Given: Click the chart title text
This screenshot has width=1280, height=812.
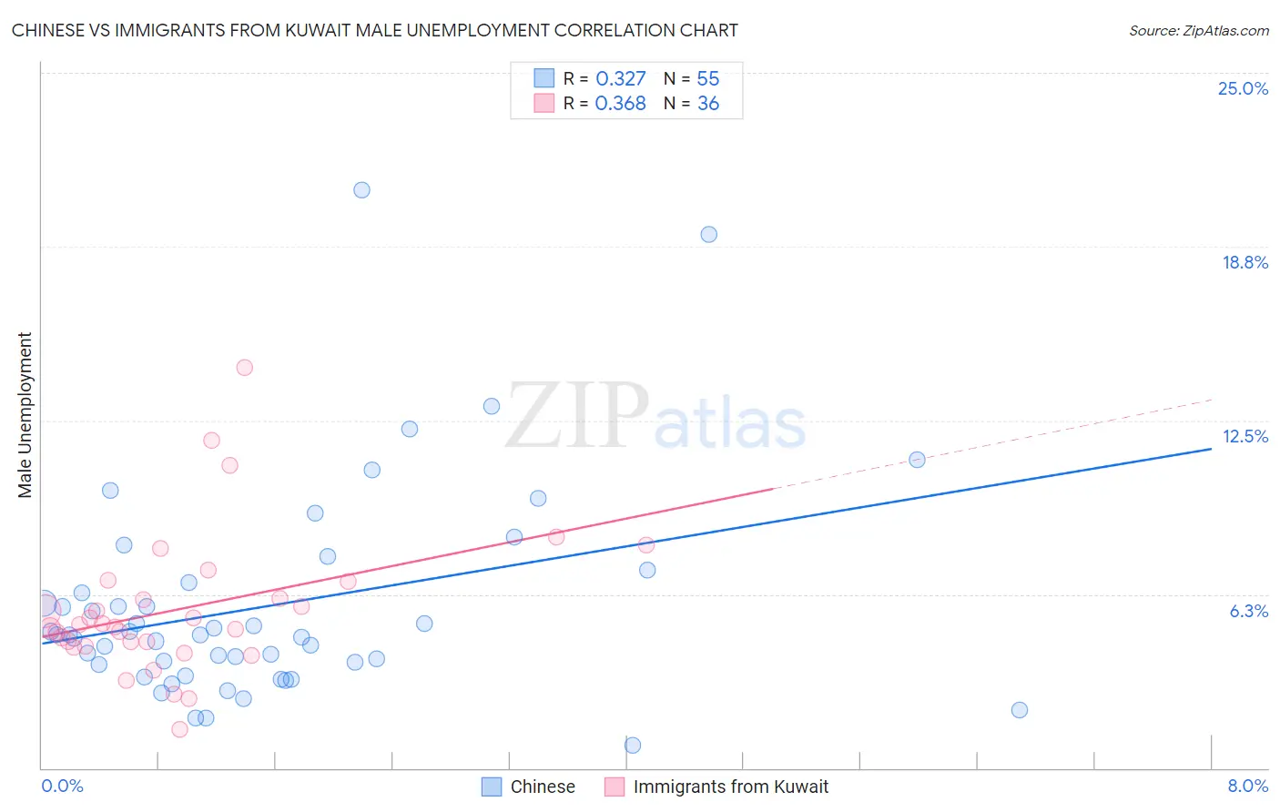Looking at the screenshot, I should tap(374, 30).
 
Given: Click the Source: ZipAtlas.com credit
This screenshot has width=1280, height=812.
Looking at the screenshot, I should tap(1198, 30).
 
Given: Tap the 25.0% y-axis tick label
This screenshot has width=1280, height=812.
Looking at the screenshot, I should tap(1243, 88).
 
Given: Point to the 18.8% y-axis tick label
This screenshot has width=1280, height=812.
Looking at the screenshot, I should tap(1244, 262).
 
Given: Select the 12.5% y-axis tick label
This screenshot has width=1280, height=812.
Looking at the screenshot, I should tap(1244, 436).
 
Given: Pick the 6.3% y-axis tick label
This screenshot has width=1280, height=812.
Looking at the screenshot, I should tap(1248, 611).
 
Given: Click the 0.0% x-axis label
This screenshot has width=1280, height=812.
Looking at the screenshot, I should tap(62, 786).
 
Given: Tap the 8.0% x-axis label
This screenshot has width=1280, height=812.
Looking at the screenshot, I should tap(1247, 786).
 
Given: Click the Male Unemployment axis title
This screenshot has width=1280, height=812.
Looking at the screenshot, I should tap(25, 414).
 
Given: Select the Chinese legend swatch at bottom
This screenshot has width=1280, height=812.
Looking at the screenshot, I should tap(492, 787).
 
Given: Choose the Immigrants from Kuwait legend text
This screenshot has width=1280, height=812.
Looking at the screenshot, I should tap(730, 787).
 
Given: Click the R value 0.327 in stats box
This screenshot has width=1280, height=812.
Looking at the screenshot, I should tap(620, 78).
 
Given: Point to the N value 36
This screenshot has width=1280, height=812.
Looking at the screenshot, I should tap(707, 103).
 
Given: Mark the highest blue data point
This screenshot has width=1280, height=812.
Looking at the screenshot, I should tap(361, 190).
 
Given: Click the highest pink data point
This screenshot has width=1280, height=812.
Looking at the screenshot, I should tap(244, 368).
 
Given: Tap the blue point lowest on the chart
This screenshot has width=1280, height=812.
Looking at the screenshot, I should tap(633, 746).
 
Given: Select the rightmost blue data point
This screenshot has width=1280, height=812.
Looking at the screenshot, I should tap(1020, 710).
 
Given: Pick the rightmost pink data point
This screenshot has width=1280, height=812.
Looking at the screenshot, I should tap(646, 545).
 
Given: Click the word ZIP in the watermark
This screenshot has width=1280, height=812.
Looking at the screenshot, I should tap(577, 417).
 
